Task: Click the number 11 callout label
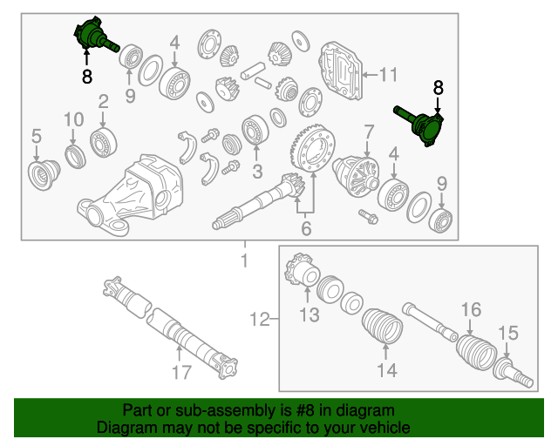pos(388,74)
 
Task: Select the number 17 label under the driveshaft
pos(180,375)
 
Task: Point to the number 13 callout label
pos(310,316)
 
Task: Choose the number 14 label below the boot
pos(386,371)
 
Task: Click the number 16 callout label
pos(471,309)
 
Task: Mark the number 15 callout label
pos(507,333)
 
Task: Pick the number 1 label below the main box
pos(245,261)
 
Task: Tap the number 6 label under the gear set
pos(305,229)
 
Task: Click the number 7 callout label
pos(369,132)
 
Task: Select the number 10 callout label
pos(73,118)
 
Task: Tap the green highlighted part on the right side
pos(425,127)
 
